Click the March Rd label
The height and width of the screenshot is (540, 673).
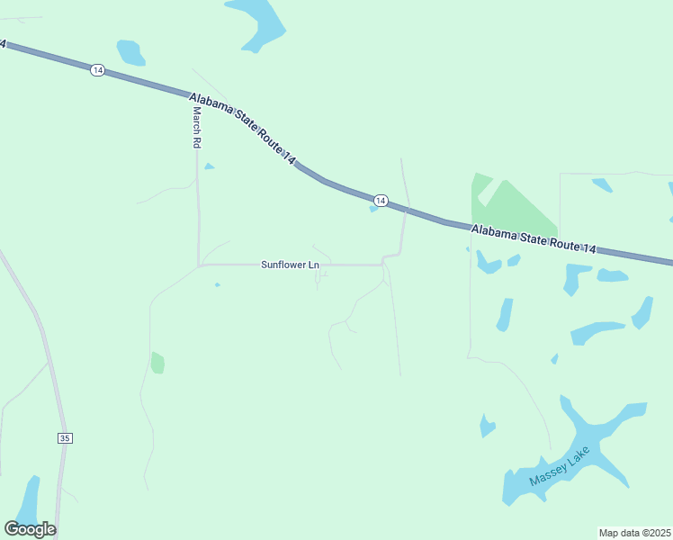click(196, 128)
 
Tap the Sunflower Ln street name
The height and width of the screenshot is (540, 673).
click(290, 265)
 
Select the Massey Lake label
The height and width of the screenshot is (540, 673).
click(560, 465)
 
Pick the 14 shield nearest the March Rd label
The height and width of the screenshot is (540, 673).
click(96, 70)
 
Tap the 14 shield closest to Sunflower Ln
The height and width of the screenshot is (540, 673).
click(381, 200)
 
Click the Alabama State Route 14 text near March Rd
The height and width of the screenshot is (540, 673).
click(241, 125)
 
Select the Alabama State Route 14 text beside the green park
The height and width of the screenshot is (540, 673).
click(533, 240)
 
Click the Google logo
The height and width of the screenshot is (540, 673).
click(30, 528)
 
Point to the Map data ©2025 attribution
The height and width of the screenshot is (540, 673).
click(634, 533)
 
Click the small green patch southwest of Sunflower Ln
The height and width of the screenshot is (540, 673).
click(157, 363)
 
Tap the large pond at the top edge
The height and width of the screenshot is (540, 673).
click(258, 22)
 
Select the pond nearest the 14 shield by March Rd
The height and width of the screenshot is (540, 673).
click(130, 52)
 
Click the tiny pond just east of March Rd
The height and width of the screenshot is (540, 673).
click(209, 166)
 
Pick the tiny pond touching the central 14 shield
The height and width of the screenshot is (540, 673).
click(372, 210)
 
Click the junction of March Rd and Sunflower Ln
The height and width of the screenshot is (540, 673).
click(198, 265)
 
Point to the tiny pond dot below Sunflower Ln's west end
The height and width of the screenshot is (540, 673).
click(217, 284)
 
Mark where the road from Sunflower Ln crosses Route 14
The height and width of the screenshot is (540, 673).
click(407, 209)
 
